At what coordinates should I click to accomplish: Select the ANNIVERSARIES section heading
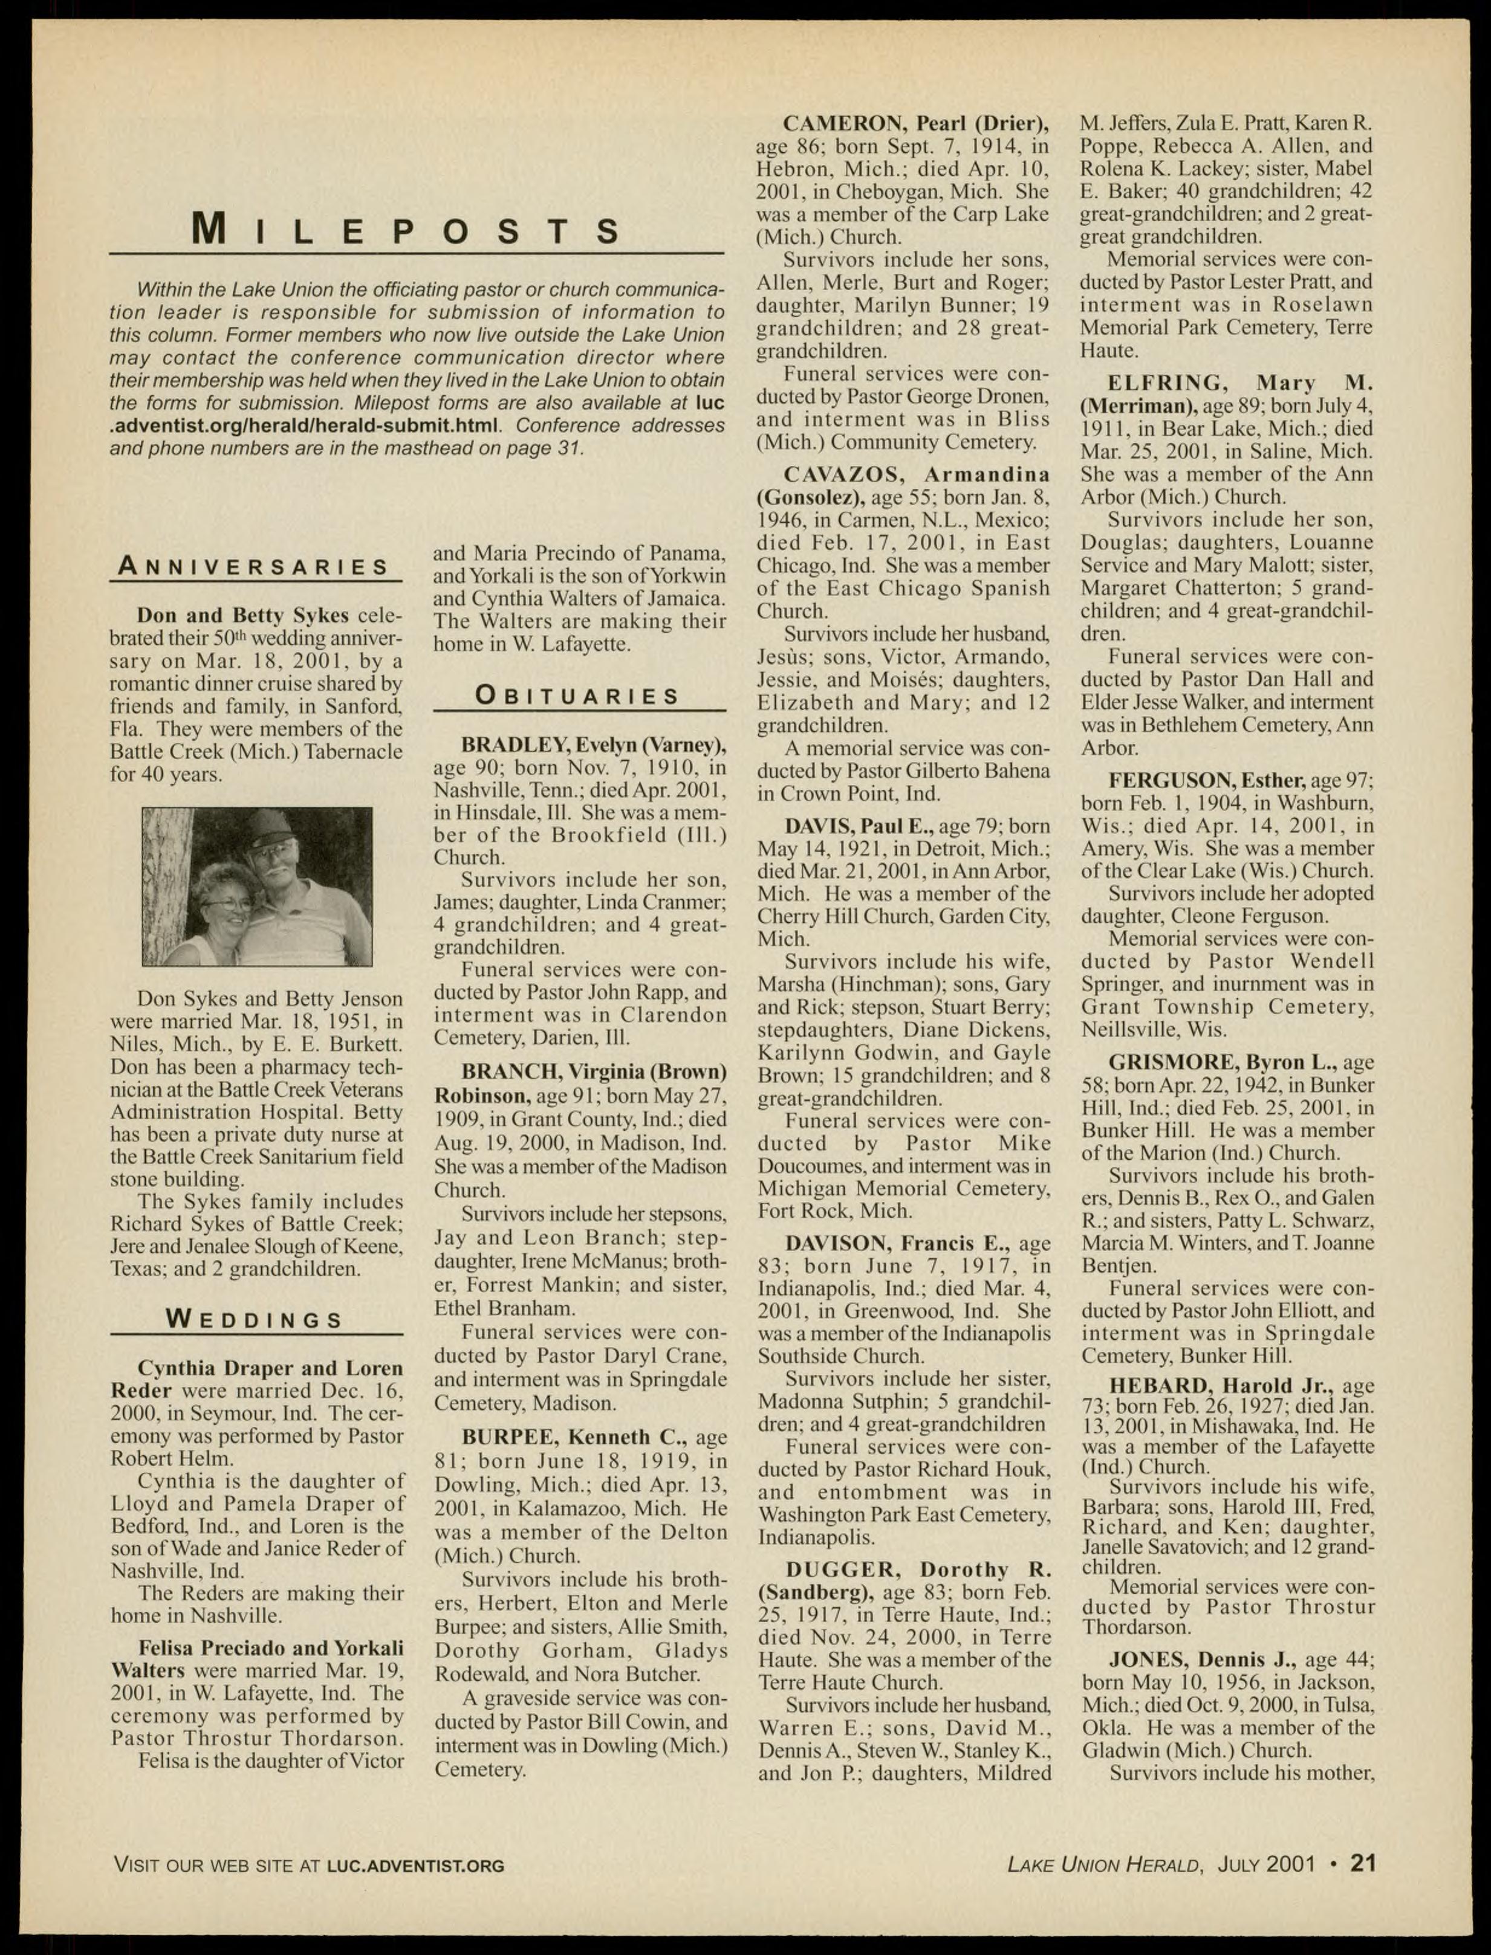[x=255, y=566]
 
